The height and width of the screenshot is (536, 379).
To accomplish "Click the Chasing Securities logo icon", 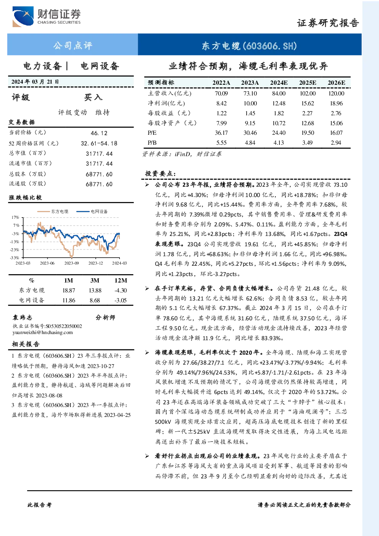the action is [x=23, y=16].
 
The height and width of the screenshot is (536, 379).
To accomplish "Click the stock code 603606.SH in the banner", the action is [x=270, y=45].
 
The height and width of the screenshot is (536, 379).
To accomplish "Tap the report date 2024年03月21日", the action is [x=35, y=82].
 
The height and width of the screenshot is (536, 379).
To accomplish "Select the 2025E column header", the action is [x=308, y=82].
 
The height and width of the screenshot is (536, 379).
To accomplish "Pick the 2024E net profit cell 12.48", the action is [x=279, y=103].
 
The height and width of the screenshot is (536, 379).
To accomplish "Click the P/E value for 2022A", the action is [x=221, y=132].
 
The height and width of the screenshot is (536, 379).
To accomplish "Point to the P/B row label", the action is [x=152, y=143].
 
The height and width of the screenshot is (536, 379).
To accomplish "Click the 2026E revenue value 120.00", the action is [x=336, y=93].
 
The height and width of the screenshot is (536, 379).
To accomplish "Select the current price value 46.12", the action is [x=99, y=133].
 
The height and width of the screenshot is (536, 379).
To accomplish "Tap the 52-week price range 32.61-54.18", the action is [x=99, y=143].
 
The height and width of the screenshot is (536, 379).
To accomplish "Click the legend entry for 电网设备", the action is [x=92, y=211].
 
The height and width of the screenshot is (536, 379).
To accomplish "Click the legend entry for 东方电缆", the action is [x=53, y=211].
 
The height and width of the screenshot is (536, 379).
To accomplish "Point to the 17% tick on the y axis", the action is [x=15, y=217].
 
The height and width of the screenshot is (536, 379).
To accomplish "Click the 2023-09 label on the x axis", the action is [x=71, y=263].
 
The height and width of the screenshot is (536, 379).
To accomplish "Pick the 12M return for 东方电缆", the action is [x=121, y=290].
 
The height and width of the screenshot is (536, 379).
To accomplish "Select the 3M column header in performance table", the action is [x=95, y=280].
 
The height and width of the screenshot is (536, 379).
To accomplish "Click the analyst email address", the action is [x=43, y=333].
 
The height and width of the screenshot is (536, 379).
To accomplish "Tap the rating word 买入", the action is [x=93, y=97].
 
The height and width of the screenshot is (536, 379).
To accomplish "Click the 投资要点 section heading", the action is [x=160, y=173].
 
